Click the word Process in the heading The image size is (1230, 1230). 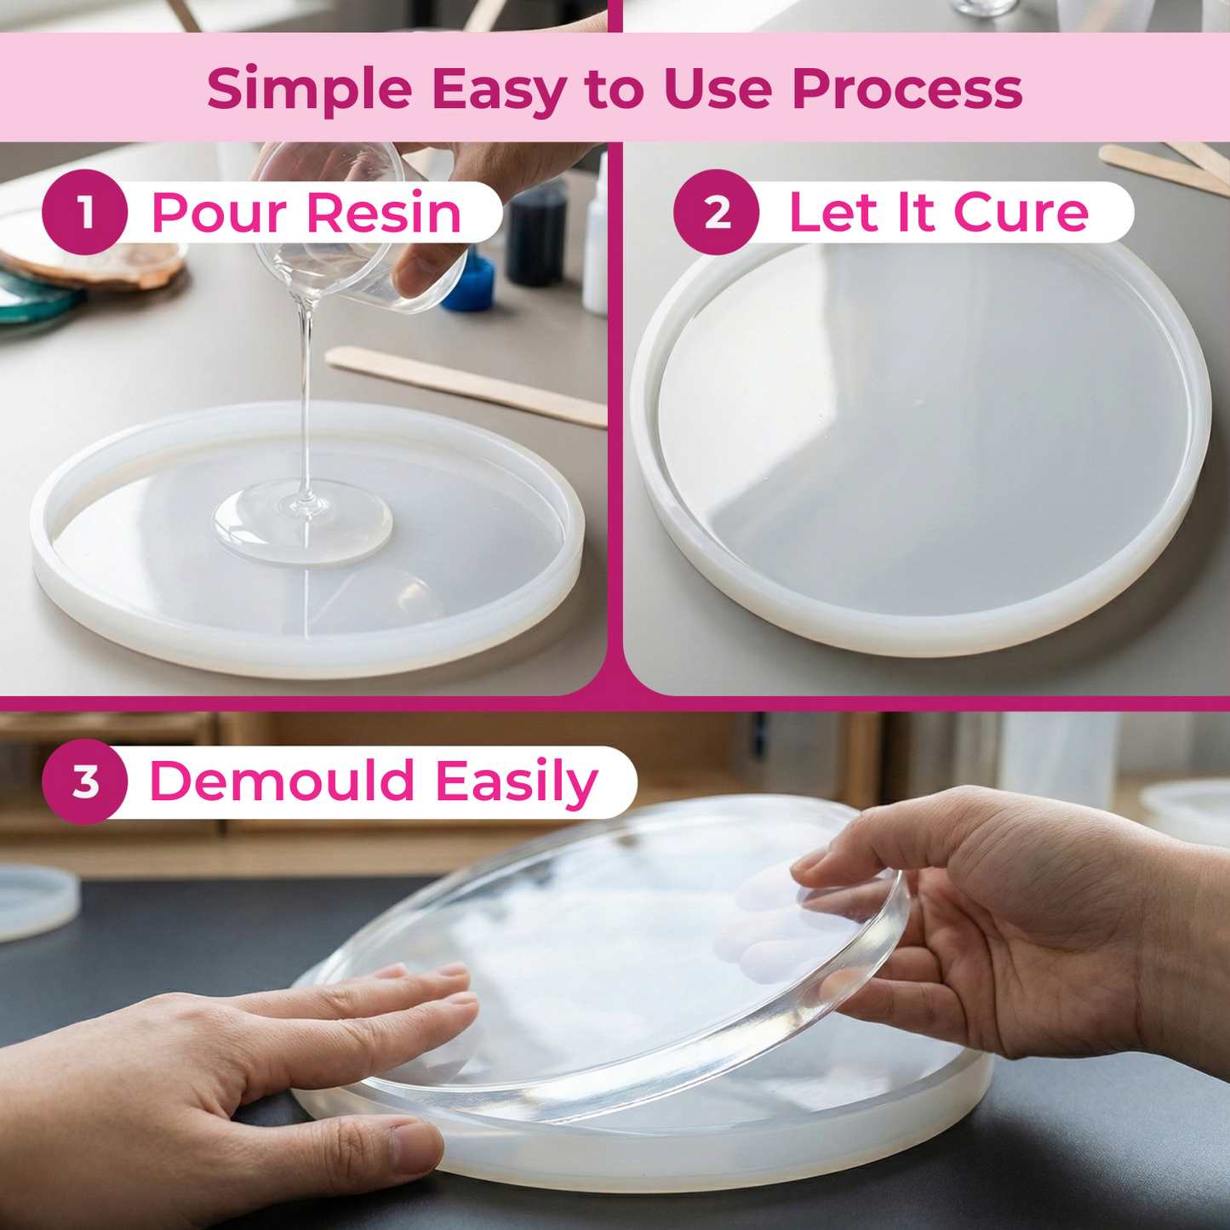click(907, 89)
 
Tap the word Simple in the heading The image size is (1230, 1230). click(309, 89)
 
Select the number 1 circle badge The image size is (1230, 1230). click(84, 212)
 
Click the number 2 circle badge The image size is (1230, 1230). click(716, 212)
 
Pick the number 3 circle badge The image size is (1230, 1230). click(84, 781)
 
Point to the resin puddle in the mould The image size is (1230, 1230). click(302, 521)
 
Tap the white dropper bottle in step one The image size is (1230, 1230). click(597, 247)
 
